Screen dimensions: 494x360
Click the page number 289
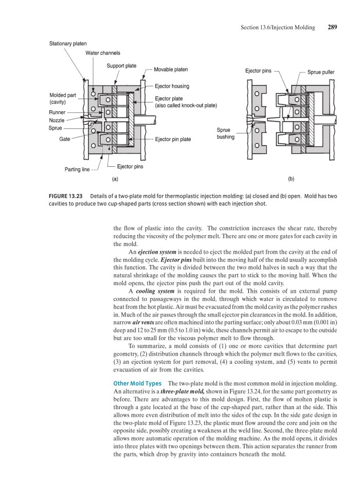(332, 27)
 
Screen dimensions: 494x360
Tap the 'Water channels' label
(102, 52)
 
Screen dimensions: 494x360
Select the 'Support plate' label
(121, 66)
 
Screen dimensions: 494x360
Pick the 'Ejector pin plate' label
(173, 139)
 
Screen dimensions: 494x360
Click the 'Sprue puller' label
(321, 72)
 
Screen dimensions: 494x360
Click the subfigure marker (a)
(115, 179)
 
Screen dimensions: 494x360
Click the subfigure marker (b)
(291, 179)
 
